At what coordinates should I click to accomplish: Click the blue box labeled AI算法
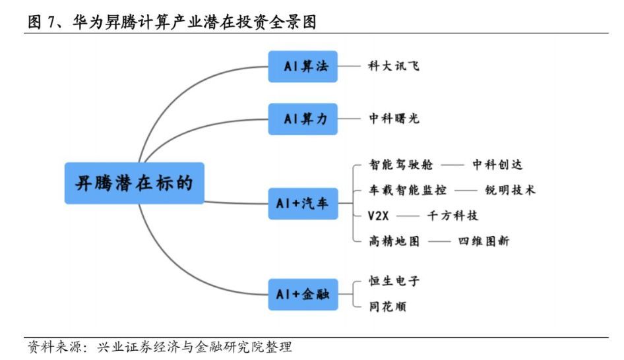[x=303, y=67]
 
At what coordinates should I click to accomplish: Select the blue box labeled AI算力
[x=303, y=119]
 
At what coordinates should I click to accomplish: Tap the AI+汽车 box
[x=303, y=204]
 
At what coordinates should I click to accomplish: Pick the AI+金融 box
[x=303, y=294]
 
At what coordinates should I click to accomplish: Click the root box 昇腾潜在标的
[x=135, y=183]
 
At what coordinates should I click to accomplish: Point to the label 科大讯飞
[x=394, y=66]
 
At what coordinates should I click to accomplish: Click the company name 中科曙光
[x=394, y=119]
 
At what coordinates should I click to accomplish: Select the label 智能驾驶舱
[x=394, y=165]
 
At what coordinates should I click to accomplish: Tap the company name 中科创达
[x=497, y=165]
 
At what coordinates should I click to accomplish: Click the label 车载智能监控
[x=407, y=190]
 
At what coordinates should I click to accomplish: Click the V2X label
[x=380, y=216]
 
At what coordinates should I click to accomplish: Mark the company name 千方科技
[x=452, y=216]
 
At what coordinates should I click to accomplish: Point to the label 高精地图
[x=394, y=241]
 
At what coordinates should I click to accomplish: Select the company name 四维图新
[x=484, y=241]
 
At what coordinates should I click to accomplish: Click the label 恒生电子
[x=394, y=282]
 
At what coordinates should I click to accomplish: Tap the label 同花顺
[x=387, y=307]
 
